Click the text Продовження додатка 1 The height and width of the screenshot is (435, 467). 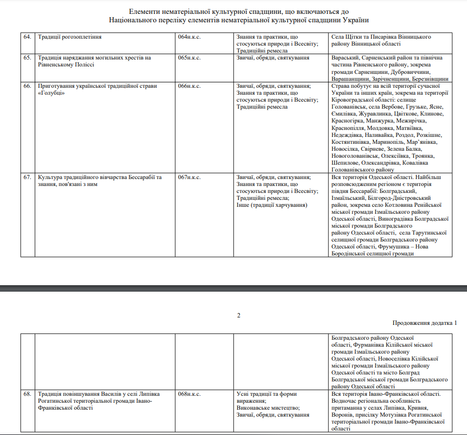[x=425, y=323]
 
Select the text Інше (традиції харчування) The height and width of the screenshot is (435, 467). [x=272, y=205]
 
